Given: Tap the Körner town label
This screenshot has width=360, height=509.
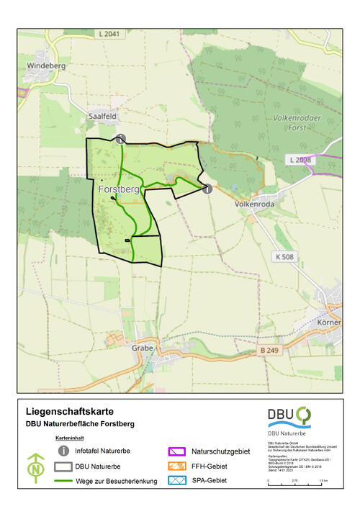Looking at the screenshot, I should pyautogui.click(x=328, y=323).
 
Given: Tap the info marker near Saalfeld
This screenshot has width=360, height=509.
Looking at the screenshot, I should pyautogui.click(x=121, y=139).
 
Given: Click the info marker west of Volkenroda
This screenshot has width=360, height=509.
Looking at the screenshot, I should pyautogui.click(x=207, y=189).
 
